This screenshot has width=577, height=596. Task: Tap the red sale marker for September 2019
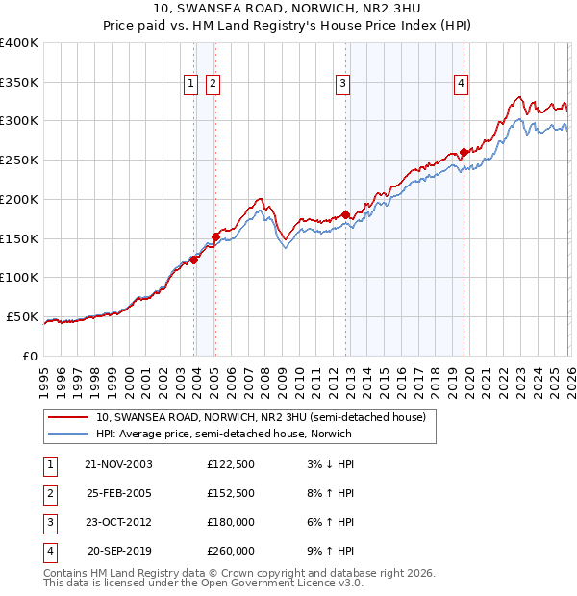click(x=464, y=152)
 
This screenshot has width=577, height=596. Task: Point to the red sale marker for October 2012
click(x=346, y=214)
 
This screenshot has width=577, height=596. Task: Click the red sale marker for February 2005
click(x=215, y=236)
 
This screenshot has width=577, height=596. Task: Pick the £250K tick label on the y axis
click(x=19, y=160)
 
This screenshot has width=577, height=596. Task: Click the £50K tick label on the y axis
click(x=22, y=316)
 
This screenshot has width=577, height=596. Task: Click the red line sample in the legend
click(x=68, y=418)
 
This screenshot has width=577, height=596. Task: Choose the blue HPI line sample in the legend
click(x=68, y=435)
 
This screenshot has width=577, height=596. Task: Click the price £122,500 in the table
click(x=230, y=464)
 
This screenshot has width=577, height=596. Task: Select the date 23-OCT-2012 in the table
click(x=118, y=522)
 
